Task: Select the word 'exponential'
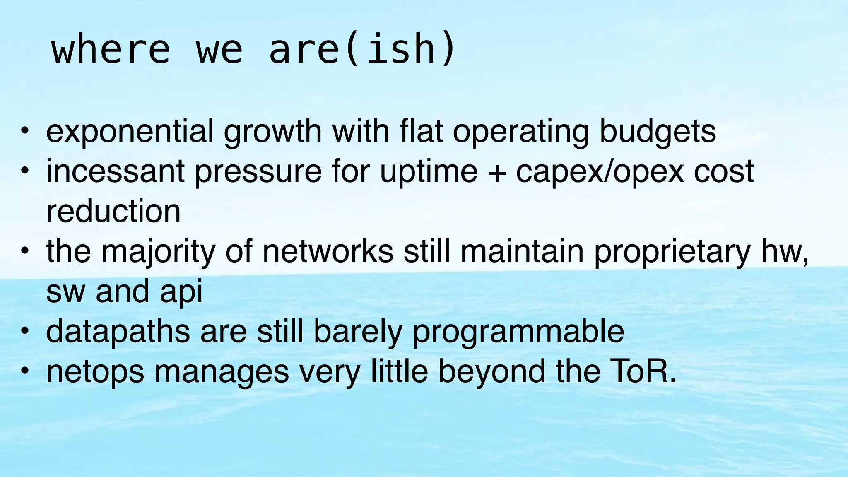click(x=130, y=132)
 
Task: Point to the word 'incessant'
click(x=115, y=171)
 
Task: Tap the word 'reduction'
click(x=113, y=211)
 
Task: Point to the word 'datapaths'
click(x=118, y=332)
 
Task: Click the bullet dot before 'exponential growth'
click(x=25, y=132)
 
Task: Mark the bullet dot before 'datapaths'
click(x=25, y=331)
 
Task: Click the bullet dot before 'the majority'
click(x=25, y=251)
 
